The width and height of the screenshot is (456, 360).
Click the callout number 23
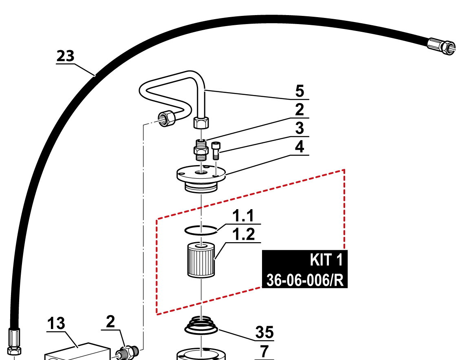(66, 56)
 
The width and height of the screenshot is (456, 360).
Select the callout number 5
(300, 91)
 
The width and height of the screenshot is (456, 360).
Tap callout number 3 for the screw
(300, 128)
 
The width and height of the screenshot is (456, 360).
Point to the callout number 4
(300, 147)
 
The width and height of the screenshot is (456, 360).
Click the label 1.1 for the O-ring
(243, 216)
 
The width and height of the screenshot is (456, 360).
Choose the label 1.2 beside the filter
(244, 234)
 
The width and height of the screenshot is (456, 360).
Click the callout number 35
(264, 332)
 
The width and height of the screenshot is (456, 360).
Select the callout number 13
(56, 323)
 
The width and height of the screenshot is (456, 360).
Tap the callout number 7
(264, 351)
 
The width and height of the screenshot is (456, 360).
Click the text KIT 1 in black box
(326, 260)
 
